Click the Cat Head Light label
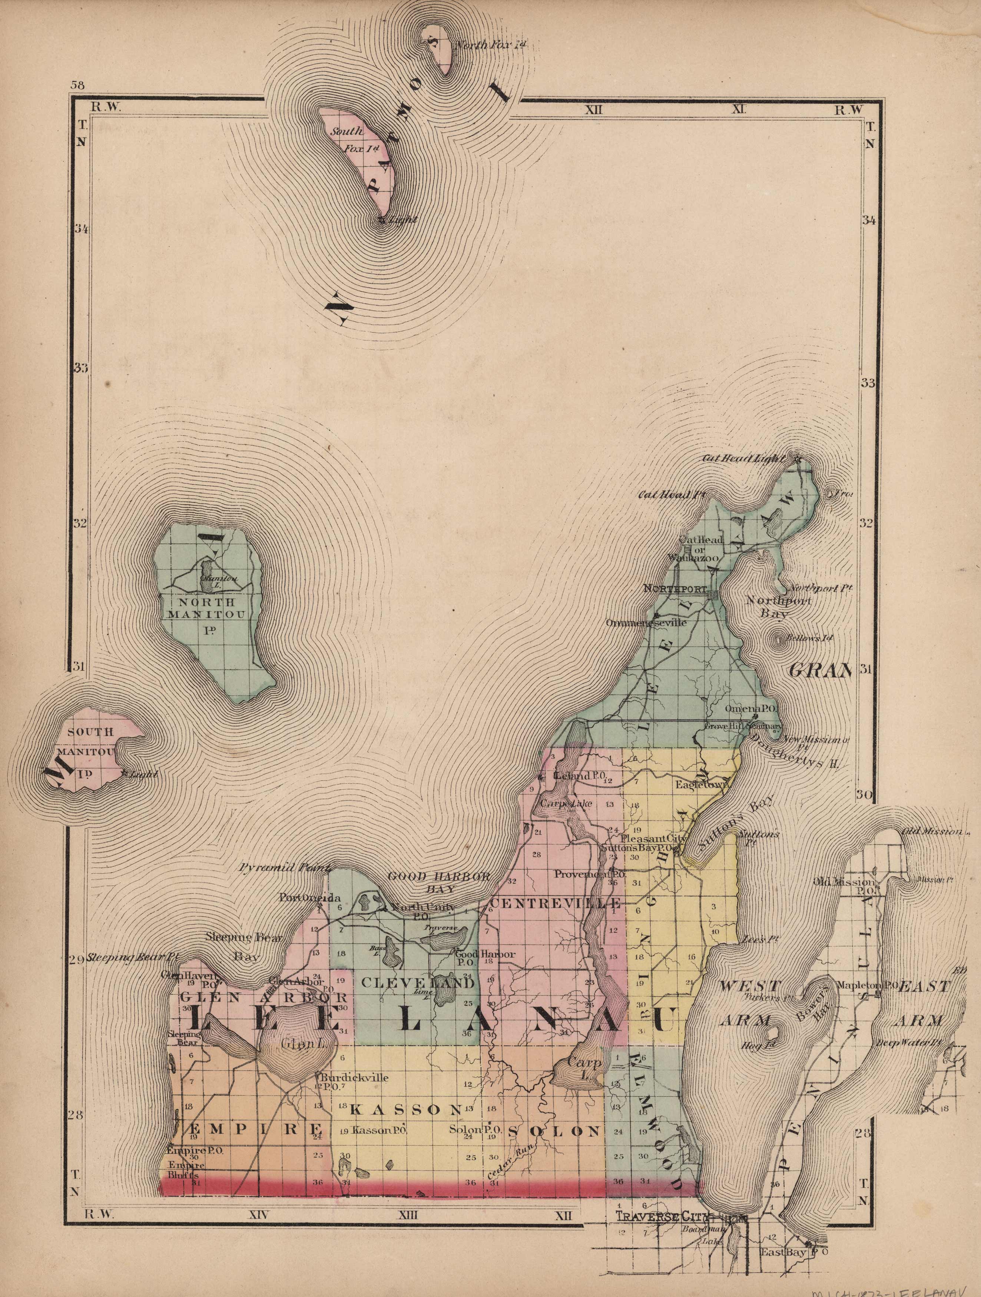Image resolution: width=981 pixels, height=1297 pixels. click(743, 458)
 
